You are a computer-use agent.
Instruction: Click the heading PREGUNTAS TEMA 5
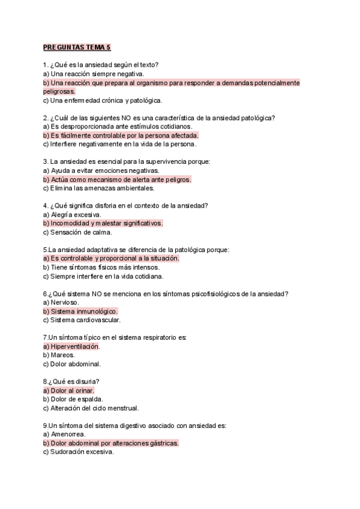(x=77, y=47)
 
